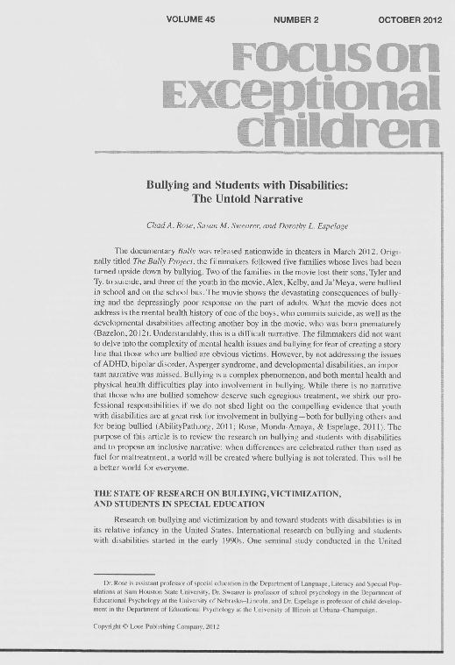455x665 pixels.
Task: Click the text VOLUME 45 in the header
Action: (x=190, y=19)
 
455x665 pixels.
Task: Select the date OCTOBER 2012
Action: (x=409, y=19)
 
